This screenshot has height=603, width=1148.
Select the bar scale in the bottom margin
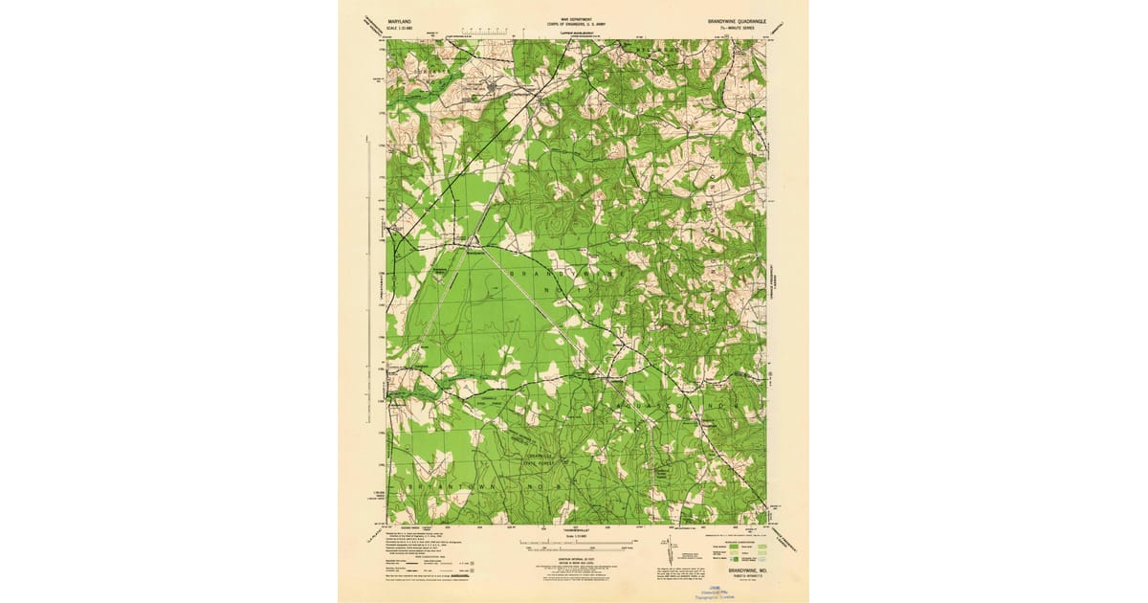(575, 545)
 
